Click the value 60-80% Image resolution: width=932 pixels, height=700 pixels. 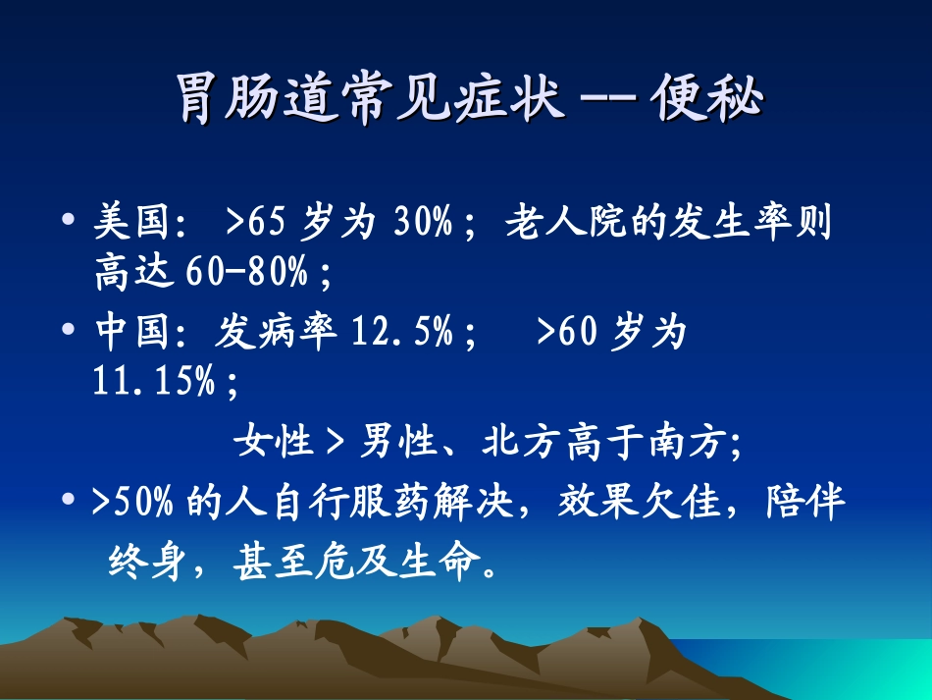246,274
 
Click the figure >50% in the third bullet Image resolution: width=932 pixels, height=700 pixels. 133,505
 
